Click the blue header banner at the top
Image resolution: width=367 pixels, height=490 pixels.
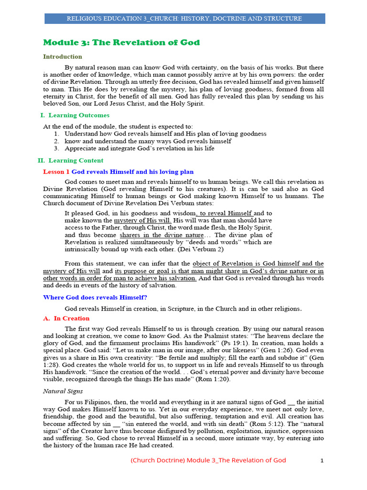(x=184, y=19)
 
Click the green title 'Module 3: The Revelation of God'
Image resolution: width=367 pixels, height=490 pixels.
(x=121, y=43)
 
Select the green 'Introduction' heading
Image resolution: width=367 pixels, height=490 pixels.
(x=63, y=56)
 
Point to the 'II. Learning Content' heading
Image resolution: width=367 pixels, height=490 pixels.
(x=70, y=161)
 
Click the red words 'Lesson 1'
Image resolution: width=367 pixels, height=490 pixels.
(x=56, y=172)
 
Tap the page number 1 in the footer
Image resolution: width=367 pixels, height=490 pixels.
(x=322, y=460)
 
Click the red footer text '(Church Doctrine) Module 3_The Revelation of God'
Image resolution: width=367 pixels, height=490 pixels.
(x=208, y=460)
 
